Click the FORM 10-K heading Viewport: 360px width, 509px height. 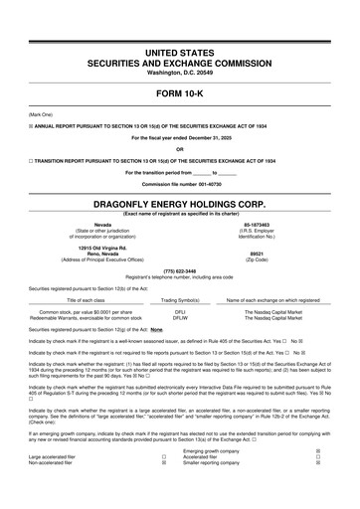click(180, 96)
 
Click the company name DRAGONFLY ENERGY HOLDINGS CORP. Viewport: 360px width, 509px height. click(180, 201)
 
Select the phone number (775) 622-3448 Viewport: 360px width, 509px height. click(180, 270)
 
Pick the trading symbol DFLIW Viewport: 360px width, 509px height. click(180, 317)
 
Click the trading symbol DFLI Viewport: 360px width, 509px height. click(180, 311)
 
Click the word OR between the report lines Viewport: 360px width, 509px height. click(180, 149)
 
